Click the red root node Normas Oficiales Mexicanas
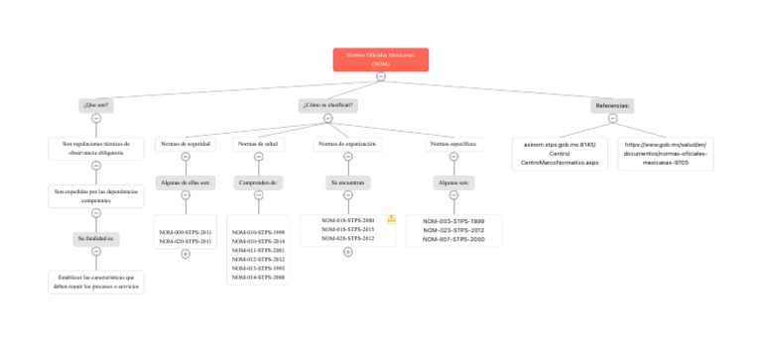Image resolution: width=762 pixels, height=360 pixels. coord(380,60)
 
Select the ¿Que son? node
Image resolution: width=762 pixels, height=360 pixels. coord(96,104)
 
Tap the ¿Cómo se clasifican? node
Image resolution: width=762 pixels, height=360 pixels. coord(328,104)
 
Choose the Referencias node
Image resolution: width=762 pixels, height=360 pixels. coord(612,104)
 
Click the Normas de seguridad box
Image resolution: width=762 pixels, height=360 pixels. coord(186,144)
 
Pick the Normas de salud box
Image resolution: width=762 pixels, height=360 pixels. coord(259,144)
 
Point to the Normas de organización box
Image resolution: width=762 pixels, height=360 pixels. coord(348,144)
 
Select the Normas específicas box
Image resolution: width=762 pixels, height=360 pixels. coord(454,144)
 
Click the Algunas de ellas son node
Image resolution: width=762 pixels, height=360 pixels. coord(186,182)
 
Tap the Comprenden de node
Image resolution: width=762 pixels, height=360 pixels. coord(259,182)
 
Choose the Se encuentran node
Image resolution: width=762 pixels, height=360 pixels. coord(348,182)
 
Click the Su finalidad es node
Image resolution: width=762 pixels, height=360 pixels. coord(96,239)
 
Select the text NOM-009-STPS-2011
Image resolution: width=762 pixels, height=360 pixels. coord(186,232)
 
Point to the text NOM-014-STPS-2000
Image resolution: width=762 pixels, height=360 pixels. coord(259,278)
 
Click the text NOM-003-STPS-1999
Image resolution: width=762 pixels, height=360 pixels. coord(454,221)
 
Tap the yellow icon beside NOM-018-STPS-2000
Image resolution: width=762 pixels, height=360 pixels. coord(392,219)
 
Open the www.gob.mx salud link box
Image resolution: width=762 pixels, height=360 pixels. coord(665,153)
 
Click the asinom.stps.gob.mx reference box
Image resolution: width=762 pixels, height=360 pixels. coord(560,153)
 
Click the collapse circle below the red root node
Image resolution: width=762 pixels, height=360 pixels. coord(381,76)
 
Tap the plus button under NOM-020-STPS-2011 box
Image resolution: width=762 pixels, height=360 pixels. coord(186,254)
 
